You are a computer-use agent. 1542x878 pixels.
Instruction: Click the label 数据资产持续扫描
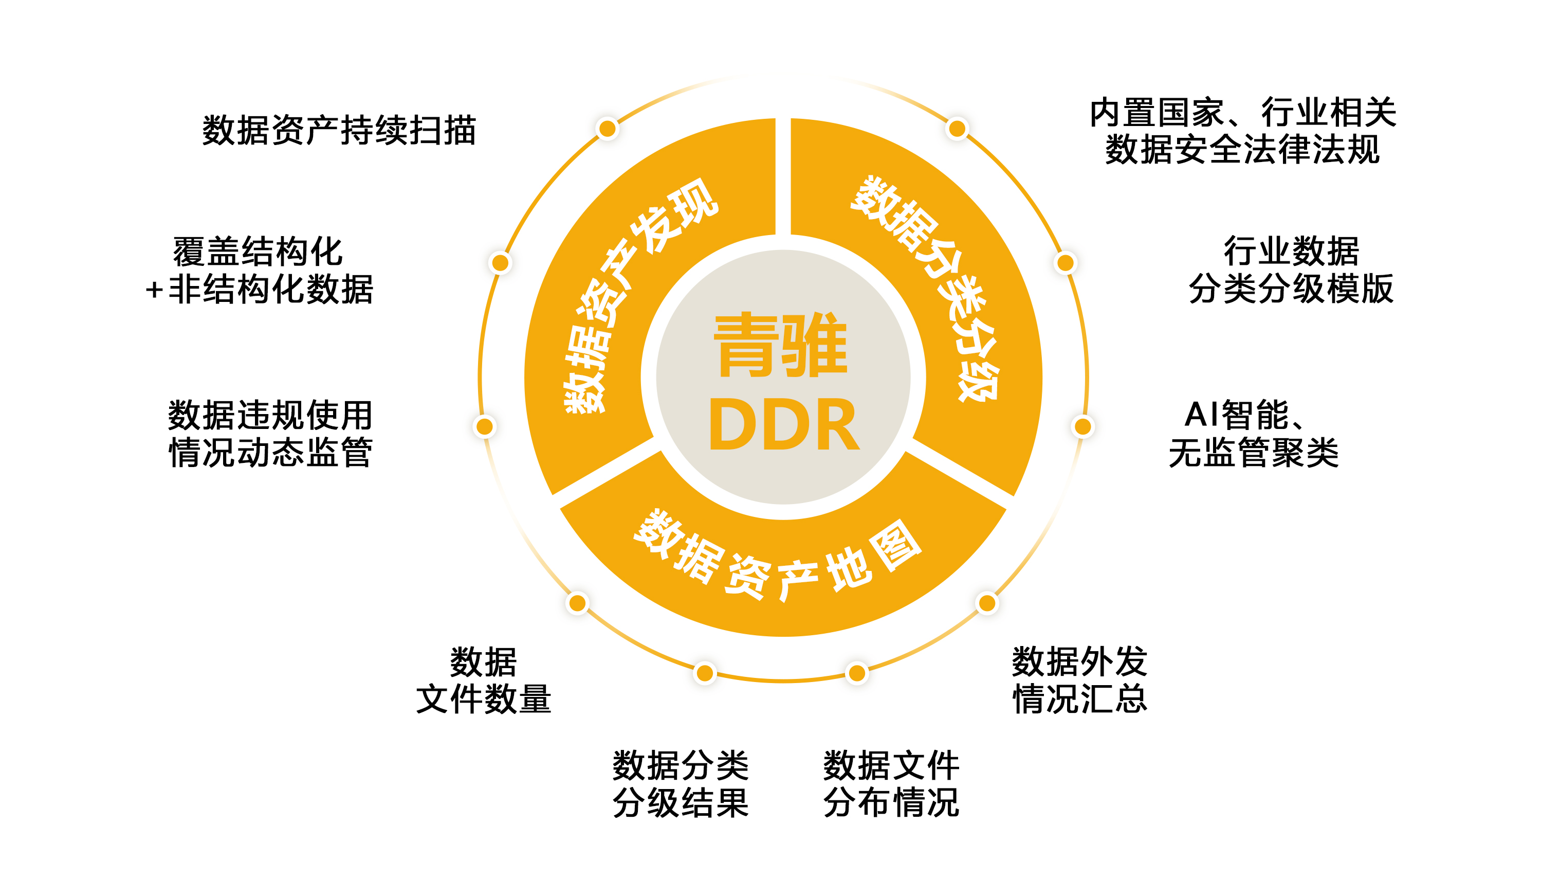(x=339, y=130)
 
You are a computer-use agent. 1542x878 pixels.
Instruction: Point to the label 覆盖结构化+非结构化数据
(x=259, y=270)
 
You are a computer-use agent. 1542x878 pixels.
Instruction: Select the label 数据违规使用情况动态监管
(x=270, y=433)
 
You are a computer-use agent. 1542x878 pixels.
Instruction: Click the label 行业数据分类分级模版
(x=1291, y=270)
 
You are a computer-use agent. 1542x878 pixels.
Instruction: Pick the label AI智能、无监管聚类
(x=1253, y=433)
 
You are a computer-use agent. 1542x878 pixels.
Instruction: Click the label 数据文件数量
(x=483, y=680)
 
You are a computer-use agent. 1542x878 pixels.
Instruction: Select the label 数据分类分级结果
(x=681, y=784)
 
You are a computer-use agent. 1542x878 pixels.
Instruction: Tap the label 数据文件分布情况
(x=891, y=784)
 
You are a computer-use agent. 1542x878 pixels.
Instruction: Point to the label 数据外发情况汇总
(x=1080, y=680)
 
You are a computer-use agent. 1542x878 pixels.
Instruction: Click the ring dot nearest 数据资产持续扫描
(x=608, y=129)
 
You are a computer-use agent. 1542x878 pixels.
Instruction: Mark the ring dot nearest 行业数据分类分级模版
(x=1066, y=263)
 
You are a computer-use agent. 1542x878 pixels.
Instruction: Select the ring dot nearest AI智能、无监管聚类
(x=1083, y=426)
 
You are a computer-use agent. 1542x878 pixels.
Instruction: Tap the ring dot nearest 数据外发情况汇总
(x=987, y=602)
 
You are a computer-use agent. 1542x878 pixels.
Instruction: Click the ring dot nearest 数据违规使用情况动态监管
(x=485, y=426)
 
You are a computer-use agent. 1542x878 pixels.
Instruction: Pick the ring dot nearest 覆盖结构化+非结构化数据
(x=500, y=263)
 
